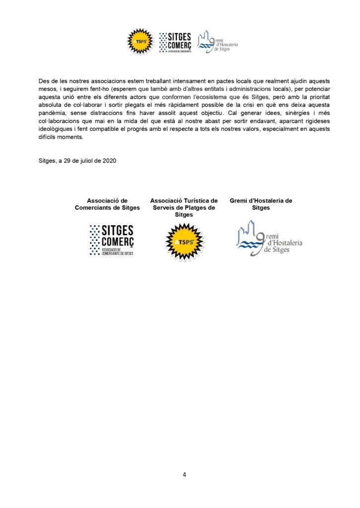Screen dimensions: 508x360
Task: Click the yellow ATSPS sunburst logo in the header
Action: [x=140, y=41]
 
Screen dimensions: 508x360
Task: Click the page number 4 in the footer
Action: [x=184, y=475]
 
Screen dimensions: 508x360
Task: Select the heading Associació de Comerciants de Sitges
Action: [x=107, y=204]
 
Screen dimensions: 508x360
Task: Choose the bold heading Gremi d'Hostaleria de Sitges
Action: [x=261, y=204]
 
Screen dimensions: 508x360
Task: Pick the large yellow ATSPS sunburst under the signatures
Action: [x=184, y=242]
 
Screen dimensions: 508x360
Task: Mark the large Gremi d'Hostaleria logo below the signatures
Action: [x=269, y=239]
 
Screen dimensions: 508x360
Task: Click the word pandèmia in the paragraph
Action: [x=52, y=113]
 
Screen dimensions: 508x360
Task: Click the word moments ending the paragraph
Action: [x=72, y=137]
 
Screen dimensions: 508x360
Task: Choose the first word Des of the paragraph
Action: [x=44, y=81]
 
